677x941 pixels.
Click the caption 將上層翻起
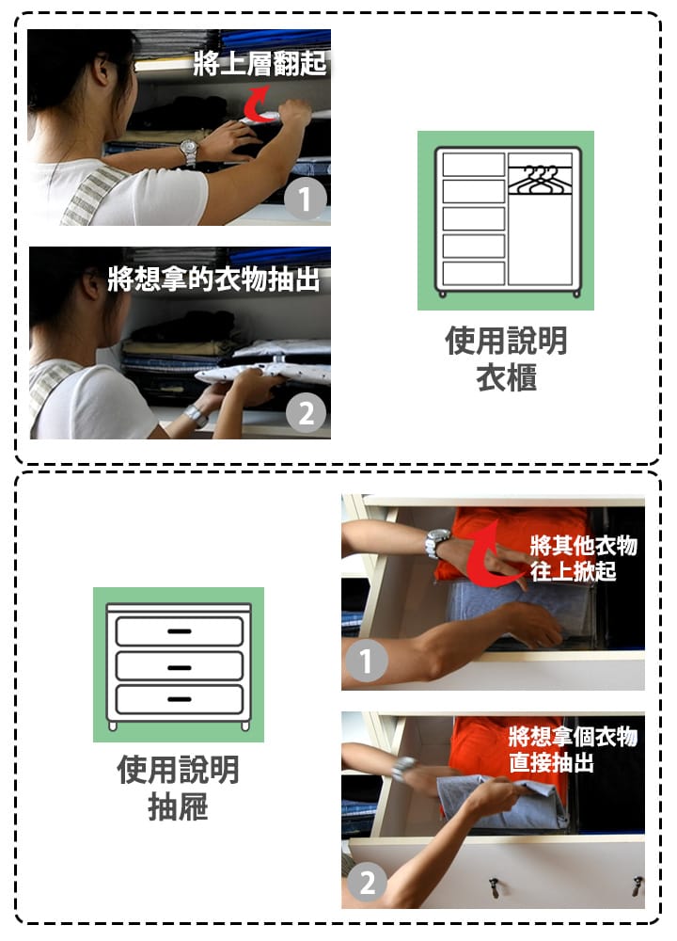(260, 64)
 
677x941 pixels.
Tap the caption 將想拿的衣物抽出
(213, 279)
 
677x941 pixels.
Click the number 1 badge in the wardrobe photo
(306, 199)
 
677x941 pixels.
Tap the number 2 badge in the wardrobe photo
(306, 413)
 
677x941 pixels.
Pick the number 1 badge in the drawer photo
(366, 661)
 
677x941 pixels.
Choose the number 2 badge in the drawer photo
(367, 883)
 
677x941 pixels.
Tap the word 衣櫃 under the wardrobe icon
(506, 378)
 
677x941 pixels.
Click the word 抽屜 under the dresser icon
(178, 806)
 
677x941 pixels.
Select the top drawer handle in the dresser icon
(180, 630)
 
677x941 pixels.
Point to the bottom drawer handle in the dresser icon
(180, 699)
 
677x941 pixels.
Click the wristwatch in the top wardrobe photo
(188, 152)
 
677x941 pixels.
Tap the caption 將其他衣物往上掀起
(583, 558)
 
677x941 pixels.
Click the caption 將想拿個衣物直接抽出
(573, 749)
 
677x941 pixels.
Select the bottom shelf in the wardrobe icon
(474, 273)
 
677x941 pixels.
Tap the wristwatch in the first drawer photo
(436, 543)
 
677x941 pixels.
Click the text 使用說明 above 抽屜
(178, 770)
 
